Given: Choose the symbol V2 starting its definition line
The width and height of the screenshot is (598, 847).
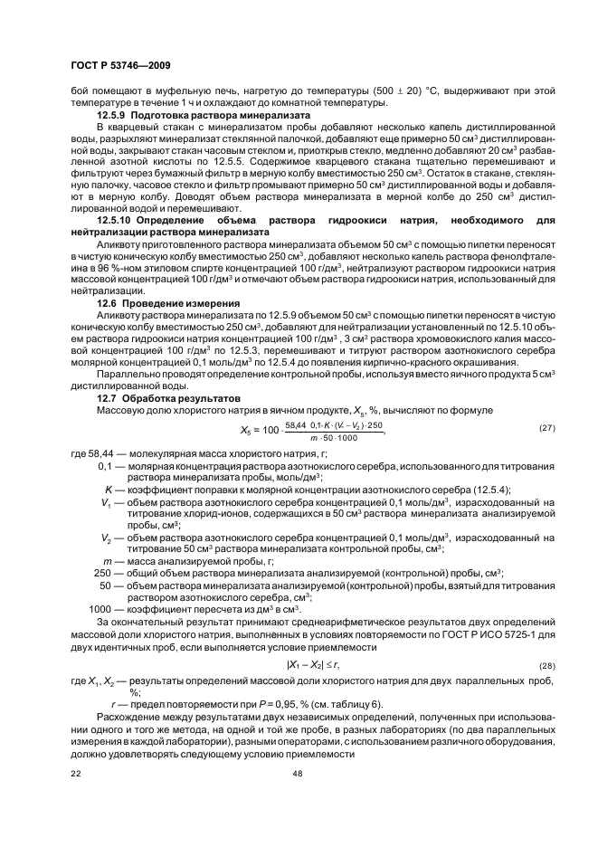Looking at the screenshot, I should [107, 537].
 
